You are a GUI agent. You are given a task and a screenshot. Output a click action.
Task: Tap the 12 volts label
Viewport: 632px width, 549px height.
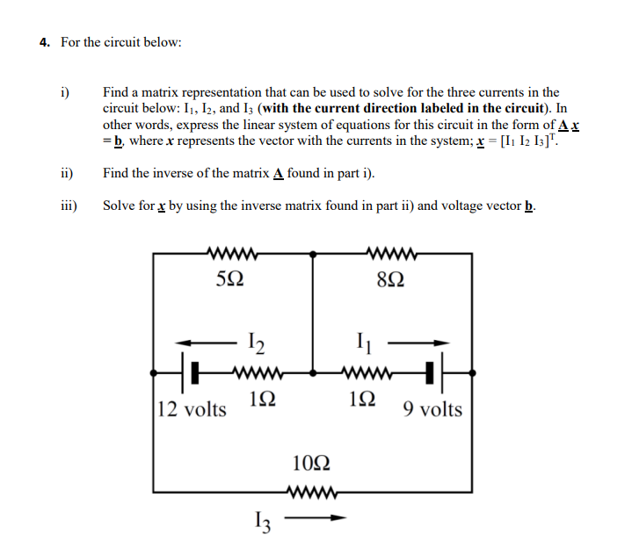click(x=192, y=409)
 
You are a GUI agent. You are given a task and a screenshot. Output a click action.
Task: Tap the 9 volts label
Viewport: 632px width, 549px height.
click(x=432, y=409)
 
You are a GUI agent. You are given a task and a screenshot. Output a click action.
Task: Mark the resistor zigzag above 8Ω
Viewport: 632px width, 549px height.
click(x=390, y=256)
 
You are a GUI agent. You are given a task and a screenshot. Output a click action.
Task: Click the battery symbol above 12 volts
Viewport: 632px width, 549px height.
click(x=190, y=372)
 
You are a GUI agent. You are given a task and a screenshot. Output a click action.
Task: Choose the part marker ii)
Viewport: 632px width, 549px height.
click(x=65, y=173)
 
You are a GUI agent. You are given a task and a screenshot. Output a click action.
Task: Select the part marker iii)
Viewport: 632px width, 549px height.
click(x=67, y=206)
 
